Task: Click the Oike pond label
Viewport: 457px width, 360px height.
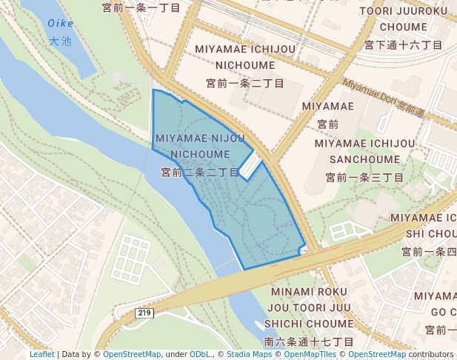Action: [x=61, y=23]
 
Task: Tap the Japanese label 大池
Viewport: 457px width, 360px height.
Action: [x=61, y=41]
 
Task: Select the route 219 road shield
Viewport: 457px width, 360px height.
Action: [x=144, y=314]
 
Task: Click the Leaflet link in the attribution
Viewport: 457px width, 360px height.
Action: [x=41, y=355]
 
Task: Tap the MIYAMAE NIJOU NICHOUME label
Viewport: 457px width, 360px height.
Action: [x=200, y=146]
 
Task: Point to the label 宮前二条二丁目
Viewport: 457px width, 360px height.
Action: [x=200, y=172]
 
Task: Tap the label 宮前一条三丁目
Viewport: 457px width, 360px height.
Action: [x=364, y=178]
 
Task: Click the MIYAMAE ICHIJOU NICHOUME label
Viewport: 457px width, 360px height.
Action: [x=245, y=56]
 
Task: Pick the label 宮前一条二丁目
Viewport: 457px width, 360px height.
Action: [x=245, y=84]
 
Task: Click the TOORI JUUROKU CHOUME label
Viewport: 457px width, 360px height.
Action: [x=404, y=19]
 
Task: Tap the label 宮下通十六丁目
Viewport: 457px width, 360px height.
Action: [x=404, y=45]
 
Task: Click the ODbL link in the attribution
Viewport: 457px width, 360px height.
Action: [x=200, y=355]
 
